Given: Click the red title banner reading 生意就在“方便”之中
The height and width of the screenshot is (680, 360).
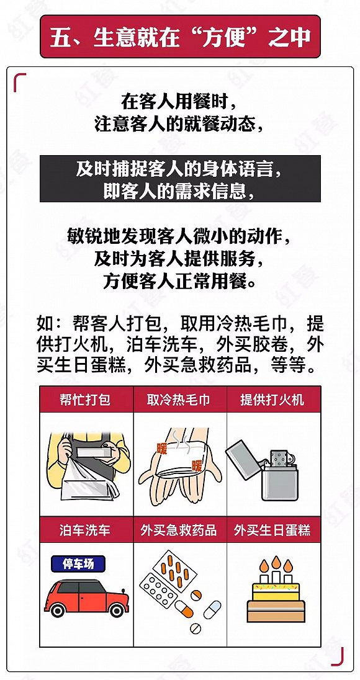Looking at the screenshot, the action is click(180, 37).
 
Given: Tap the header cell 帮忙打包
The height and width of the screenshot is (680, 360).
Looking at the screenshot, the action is click(86, 399).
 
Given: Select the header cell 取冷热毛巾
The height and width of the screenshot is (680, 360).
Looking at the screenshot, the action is click(180, 399).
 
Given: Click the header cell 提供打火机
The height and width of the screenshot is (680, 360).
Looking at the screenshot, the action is click(274, 399).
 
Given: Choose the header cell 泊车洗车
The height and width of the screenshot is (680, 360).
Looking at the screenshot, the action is click(86, 529).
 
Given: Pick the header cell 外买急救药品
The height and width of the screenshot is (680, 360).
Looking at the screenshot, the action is click(180, 529).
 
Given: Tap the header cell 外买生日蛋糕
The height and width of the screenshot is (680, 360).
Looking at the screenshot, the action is click(274, 529).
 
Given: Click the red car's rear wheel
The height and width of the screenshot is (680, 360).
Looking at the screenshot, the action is click(58, 610).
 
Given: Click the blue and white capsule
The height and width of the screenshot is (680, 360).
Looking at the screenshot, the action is click(212, 609).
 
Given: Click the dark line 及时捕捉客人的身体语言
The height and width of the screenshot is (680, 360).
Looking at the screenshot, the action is click(180, 169).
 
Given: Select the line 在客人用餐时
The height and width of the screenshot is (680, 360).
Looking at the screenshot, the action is click(180, 103).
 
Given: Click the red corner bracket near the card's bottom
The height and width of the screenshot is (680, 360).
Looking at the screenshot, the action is click(338, 656).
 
